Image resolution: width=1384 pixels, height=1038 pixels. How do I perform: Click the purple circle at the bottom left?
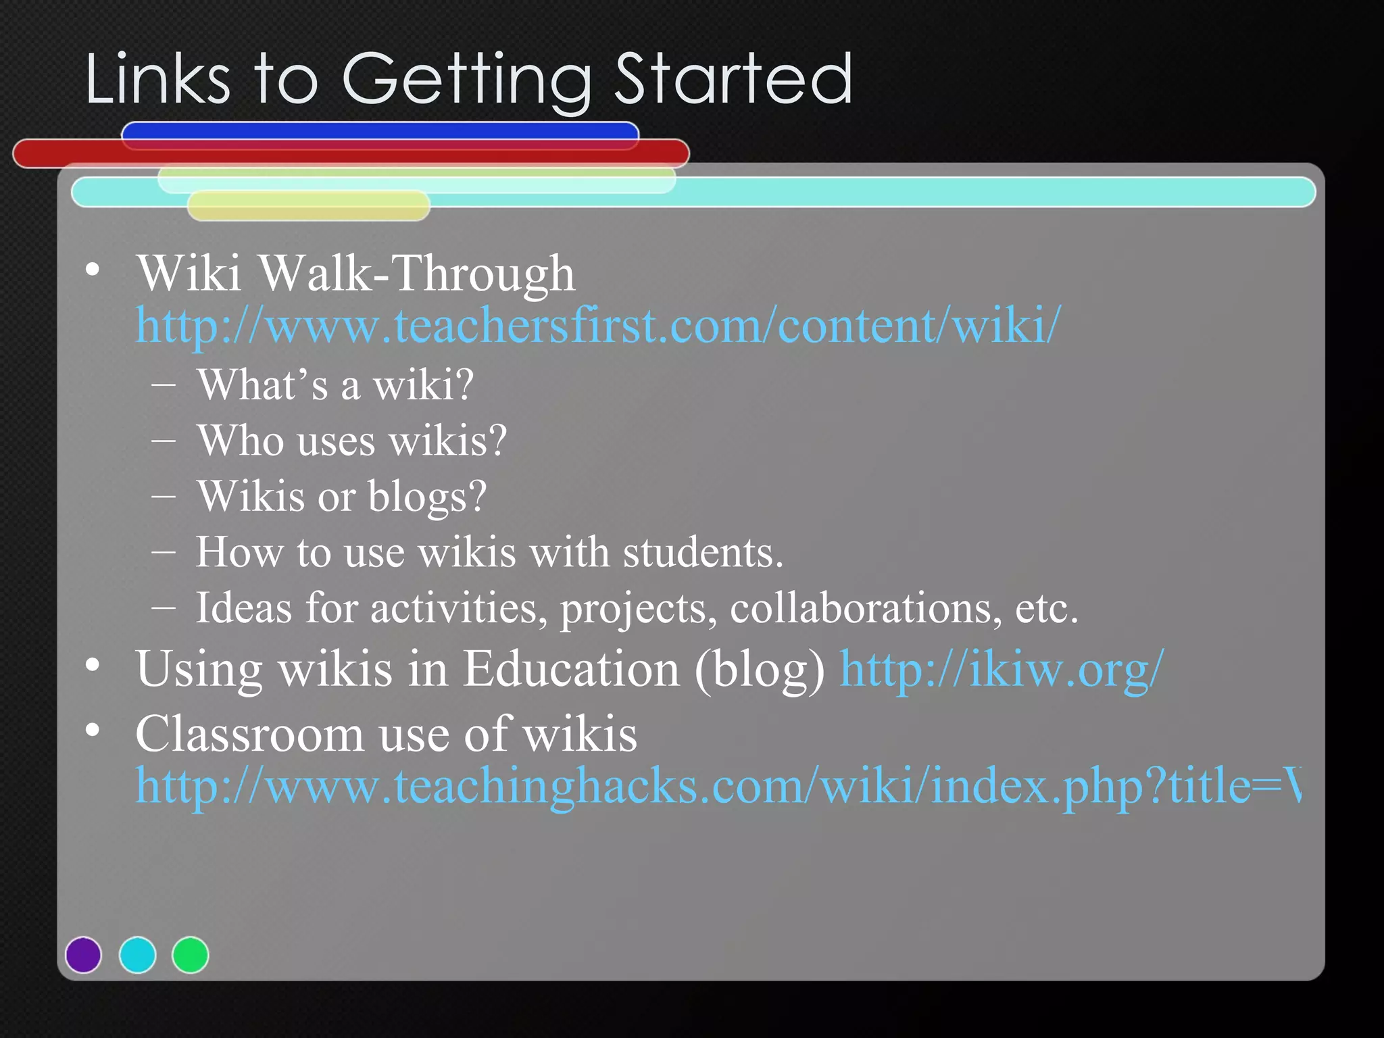click(x=83, y=955)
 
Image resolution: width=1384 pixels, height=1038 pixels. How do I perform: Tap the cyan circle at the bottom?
click(x=137, y=955)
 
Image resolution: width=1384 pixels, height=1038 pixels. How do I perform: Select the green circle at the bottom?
click(x=191, y=955)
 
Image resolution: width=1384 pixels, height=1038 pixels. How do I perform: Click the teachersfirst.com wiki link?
click(x=597, y=326)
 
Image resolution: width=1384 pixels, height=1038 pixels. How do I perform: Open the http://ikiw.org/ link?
click(x=1002, y=669)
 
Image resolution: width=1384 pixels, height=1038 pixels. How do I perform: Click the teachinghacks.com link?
click(x=716, y=787)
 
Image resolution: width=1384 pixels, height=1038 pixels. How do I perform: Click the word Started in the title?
click(x=733, y=80)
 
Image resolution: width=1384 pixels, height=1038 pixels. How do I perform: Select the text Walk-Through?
click(x=416, y=273)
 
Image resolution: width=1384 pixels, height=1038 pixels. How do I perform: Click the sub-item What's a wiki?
click(x=335, y=385)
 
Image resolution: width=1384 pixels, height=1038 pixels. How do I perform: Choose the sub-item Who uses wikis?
click(x=351, y=441)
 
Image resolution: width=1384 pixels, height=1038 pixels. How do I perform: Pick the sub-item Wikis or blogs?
click(x=341, y=497)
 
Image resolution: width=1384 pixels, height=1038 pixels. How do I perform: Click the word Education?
click(x=571, y=669)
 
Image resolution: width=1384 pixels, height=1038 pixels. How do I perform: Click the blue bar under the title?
click(x=380, y=130)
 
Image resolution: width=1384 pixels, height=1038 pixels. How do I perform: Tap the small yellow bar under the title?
click(x=308, y=206)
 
